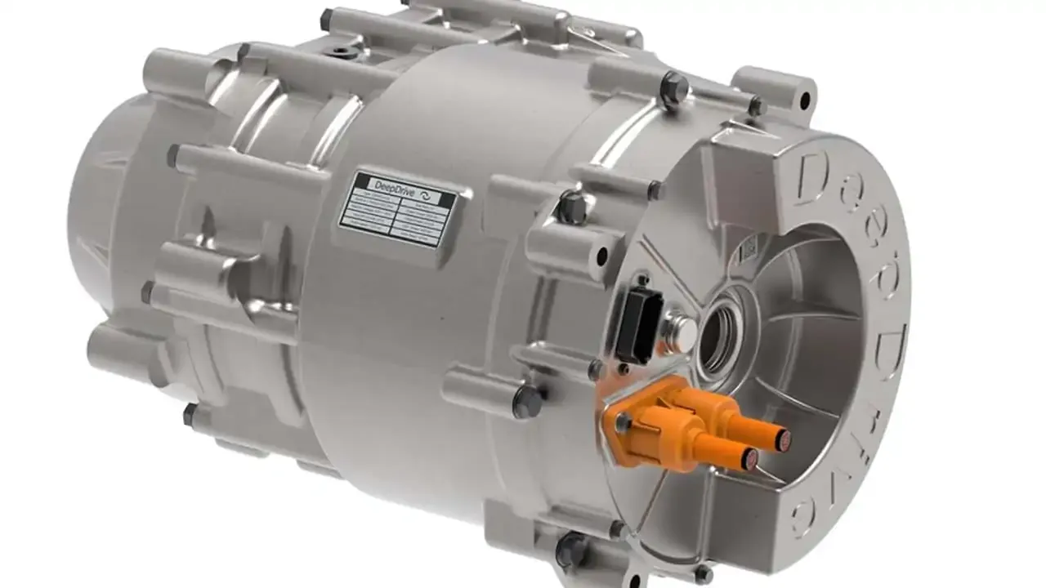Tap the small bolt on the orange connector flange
point(624,422)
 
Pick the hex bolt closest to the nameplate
point(571,207)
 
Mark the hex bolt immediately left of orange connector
point(528,402)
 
